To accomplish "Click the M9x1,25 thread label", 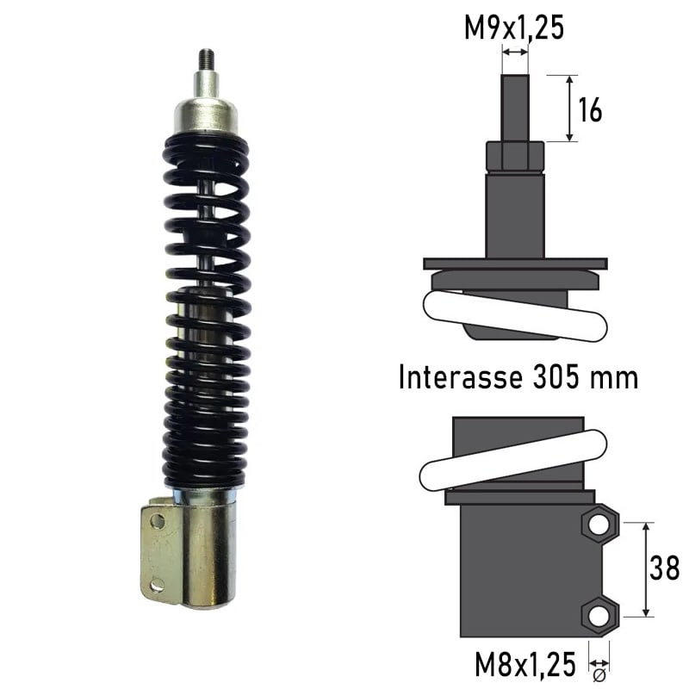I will (514, 28).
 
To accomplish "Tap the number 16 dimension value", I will (590, 109).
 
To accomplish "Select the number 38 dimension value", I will (664, 569).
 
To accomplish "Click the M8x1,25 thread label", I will (525, 664).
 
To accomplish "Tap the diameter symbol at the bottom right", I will (599, 674).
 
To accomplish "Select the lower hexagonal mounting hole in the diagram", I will (600, 615).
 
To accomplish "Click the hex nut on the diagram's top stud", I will (514, 157).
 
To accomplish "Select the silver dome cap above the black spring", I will (206, 115).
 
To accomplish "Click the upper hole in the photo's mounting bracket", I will (158, 520).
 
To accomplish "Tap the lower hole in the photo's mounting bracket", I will (157, 586).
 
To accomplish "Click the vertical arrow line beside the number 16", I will (569, 108).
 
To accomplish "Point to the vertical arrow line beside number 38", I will (646, 569).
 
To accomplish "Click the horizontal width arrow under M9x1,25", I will (514, 53).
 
